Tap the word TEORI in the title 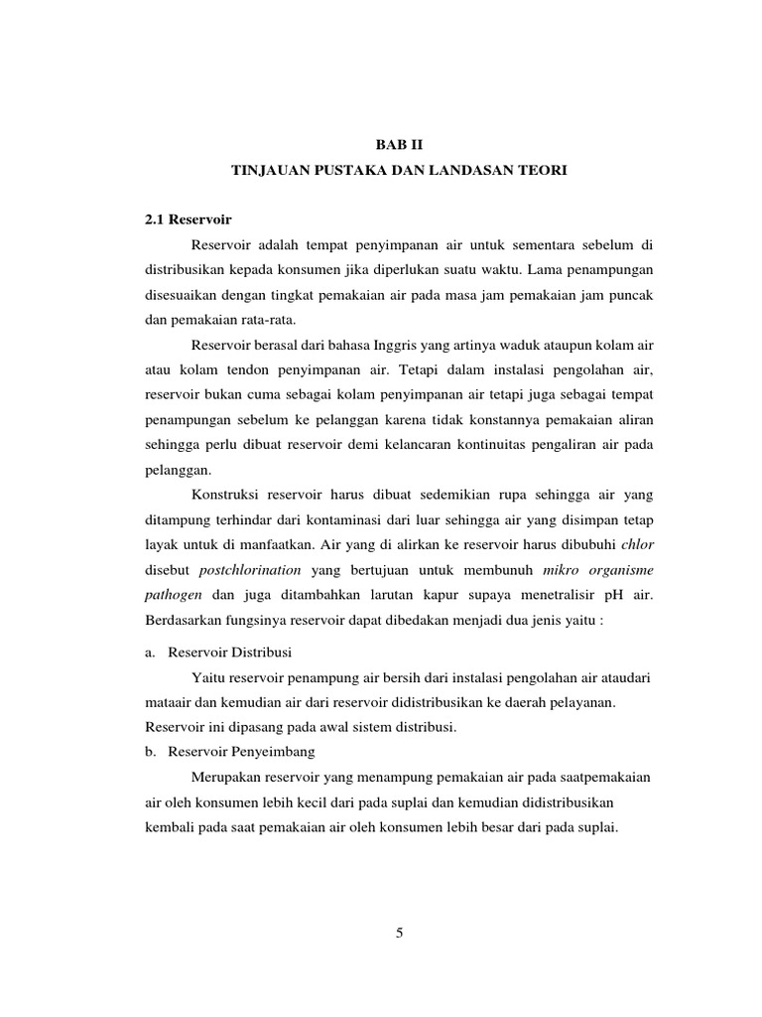(x=542, y=171)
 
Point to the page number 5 (x=399, y=933)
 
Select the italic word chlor (x=636, y=544)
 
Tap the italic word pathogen (x=174, y=594)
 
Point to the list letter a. (x=151, y=652)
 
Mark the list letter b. (x=151, y=751)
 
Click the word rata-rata (x=270, y=319)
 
